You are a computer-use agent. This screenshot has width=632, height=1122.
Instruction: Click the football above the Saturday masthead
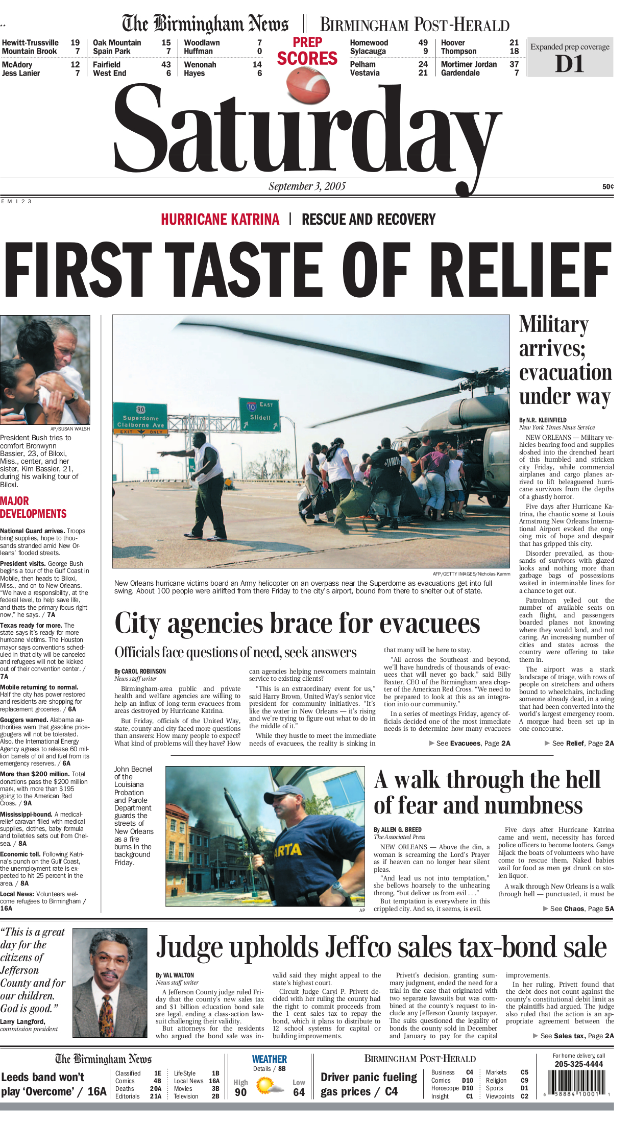click(x=308, y=85)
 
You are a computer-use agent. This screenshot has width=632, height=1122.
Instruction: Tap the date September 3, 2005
click(x=307, y=186)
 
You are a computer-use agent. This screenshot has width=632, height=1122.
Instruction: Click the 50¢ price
click(x=607, y=187)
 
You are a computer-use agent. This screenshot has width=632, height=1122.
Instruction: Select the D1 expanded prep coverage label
click(x=569, y=64)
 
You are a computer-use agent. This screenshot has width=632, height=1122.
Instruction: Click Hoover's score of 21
click(x=514, y=43)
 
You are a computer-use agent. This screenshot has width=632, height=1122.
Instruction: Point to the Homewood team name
click(x=369, y=43)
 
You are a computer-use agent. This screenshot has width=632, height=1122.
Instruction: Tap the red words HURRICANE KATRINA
click(x=220, y=220)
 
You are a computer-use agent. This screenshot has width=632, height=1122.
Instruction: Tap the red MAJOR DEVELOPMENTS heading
click(x=33, y=507)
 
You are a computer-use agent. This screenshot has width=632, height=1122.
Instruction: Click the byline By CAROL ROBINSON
click(x=140, y=671)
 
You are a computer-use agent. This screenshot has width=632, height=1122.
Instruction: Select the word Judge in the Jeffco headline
click(x=188, y=947)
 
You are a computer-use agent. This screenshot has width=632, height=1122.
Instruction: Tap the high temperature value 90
click(x=240, y=1092)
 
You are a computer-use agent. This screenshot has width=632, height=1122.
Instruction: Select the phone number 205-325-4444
click(x=578, y=1064)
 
